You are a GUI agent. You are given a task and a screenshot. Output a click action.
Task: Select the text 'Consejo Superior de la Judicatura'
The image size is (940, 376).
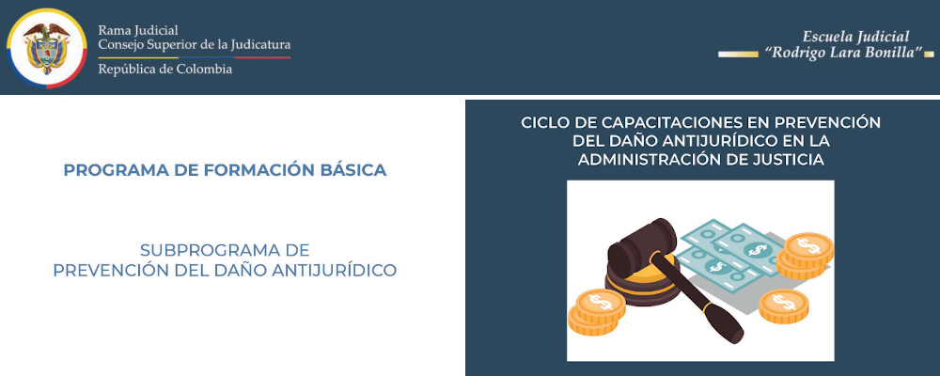click(x=194, y=44)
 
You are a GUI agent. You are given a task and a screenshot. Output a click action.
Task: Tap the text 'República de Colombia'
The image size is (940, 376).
click(x=164, y=69)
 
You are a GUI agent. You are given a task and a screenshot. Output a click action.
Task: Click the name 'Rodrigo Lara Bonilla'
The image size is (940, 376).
click(x=842, y=53)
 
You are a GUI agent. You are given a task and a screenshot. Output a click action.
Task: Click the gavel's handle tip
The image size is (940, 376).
click(x=732, y=334)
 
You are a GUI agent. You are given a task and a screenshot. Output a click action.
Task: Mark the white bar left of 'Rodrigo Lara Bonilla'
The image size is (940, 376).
click(x=737, y=54)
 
